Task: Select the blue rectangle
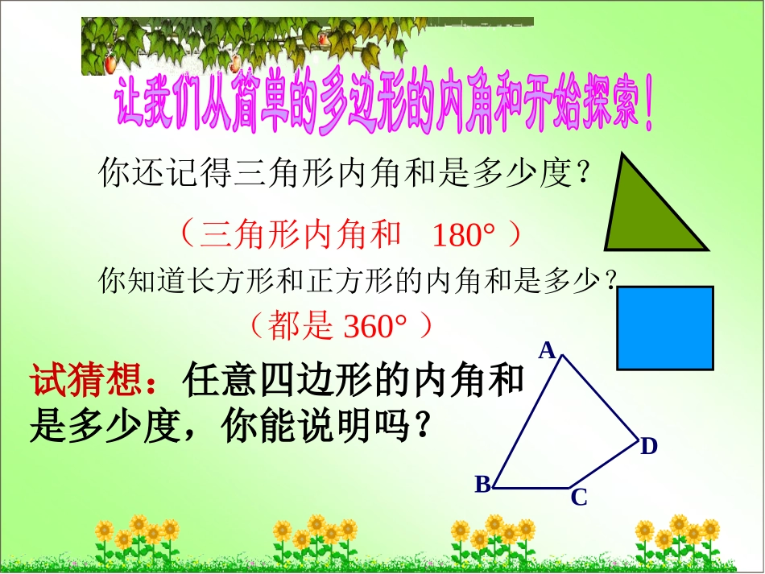point(665,328)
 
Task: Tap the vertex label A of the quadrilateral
point(548,350)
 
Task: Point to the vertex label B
point(482,484)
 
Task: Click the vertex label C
point(578,498)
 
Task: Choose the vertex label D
point(649,446)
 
